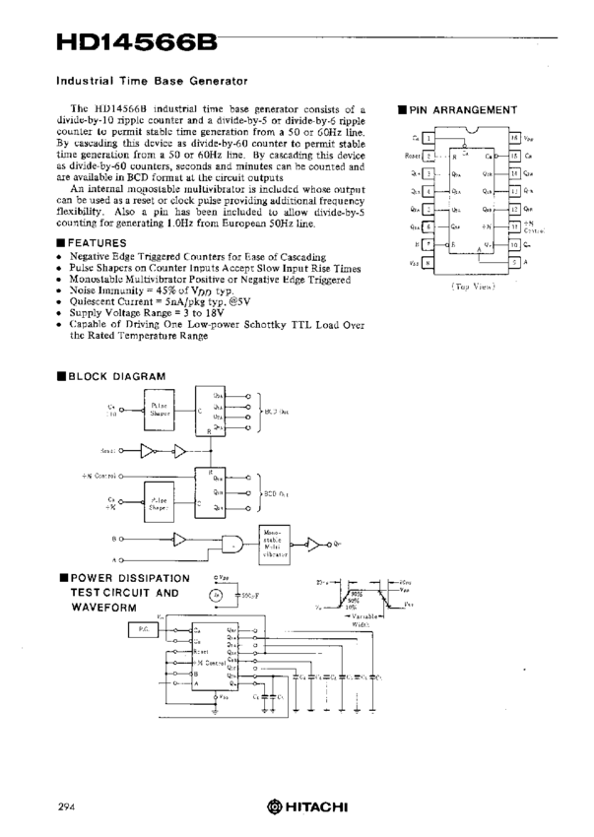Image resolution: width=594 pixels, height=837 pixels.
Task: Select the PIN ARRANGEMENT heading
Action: [x=461, y=110]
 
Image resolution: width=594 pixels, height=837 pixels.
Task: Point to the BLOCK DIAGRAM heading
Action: [x=116, y=376]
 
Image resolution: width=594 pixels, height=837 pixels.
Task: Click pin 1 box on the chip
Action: [x=429, y=139]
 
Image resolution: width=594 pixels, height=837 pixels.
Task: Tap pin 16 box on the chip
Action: [x=514, y=139]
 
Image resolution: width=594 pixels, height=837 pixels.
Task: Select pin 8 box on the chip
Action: [x=429, y=263]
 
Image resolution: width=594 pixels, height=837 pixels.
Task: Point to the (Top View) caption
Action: [x=473, y=287]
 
